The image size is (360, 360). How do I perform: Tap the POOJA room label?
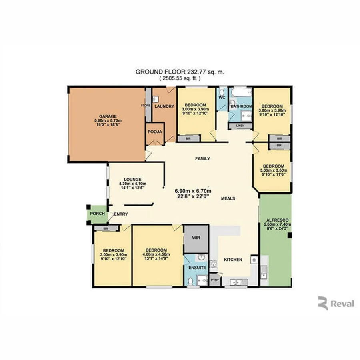[154, 132]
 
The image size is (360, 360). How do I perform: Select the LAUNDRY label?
[164, 106]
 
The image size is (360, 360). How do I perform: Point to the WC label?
[222, 97]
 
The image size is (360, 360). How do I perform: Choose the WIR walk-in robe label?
[196, 237]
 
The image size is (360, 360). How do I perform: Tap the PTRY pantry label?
[215, 280]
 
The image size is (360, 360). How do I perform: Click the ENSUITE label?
[197, 267]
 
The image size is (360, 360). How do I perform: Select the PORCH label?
[97, 214]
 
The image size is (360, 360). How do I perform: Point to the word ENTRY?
[121, 214]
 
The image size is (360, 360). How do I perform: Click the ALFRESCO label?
[275, 220]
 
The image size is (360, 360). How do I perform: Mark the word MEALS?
[228, 198]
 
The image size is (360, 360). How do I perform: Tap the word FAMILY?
[202, 159]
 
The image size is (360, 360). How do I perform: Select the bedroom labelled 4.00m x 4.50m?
[157, 254]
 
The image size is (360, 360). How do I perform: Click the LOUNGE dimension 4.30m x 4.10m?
[130, 184]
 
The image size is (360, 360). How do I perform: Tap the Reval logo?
[336, 304]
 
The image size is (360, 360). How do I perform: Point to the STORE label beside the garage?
[145, 105]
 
